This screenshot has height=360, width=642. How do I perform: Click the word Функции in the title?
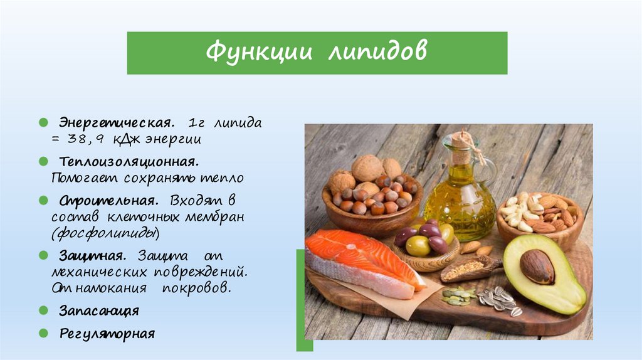tap(258, 53)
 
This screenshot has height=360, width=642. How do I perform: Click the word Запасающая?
tap(99, 310)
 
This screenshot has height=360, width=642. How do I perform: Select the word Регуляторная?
tap(107, 332)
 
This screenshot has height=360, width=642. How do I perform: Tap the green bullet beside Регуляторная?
tap(43, 332)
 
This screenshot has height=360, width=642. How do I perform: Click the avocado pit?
tap(537, 267)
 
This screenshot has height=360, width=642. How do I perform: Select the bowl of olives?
tap(426, 245)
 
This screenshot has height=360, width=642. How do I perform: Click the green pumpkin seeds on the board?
tap(458, 296)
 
